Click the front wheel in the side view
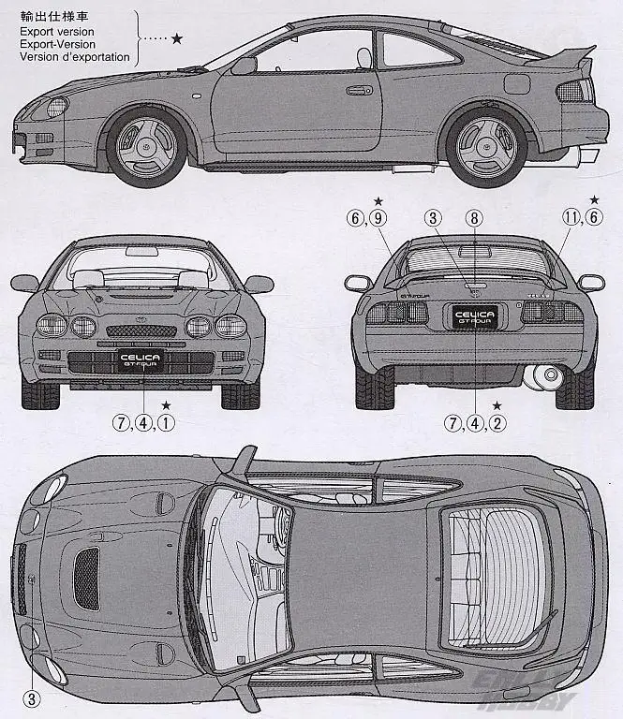tap(146, 146)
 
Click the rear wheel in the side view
tap(485, 146)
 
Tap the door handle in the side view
tap(357, 92)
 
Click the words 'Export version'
tap(56, 31)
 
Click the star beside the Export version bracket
tap(177, 38)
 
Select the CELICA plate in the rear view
tap(474, 316)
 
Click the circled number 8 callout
tap(475, 218)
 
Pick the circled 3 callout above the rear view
tap(432, 218)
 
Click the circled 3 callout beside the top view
tap(31, 697)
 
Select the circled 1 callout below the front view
tap(166, 422)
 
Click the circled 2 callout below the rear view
tap(497, 422)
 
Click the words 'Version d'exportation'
tap(75, 57)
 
